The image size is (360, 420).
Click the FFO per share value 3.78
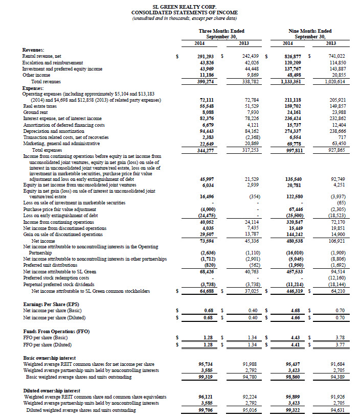point(338,337)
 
